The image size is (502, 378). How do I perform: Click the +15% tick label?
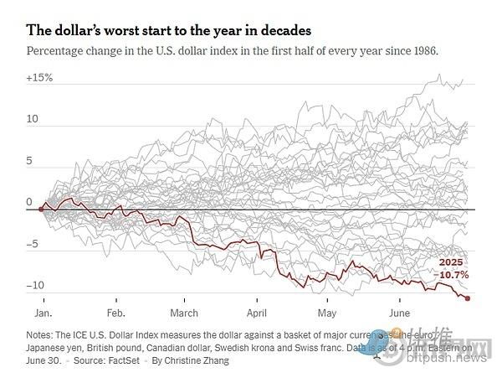tap(39, 78)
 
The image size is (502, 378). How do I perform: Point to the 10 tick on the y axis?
tap(33, 120)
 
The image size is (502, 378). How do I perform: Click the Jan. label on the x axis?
tap(45, 313)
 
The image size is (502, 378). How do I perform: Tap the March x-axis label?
tap(185, 313)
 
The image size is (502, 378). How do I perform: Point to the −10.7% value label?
tap(453, 274)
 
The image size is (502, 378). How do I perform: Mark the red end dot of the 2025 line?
tap(467, 298)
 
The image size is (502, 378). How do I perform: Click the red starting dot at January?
tap(41, 208)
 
